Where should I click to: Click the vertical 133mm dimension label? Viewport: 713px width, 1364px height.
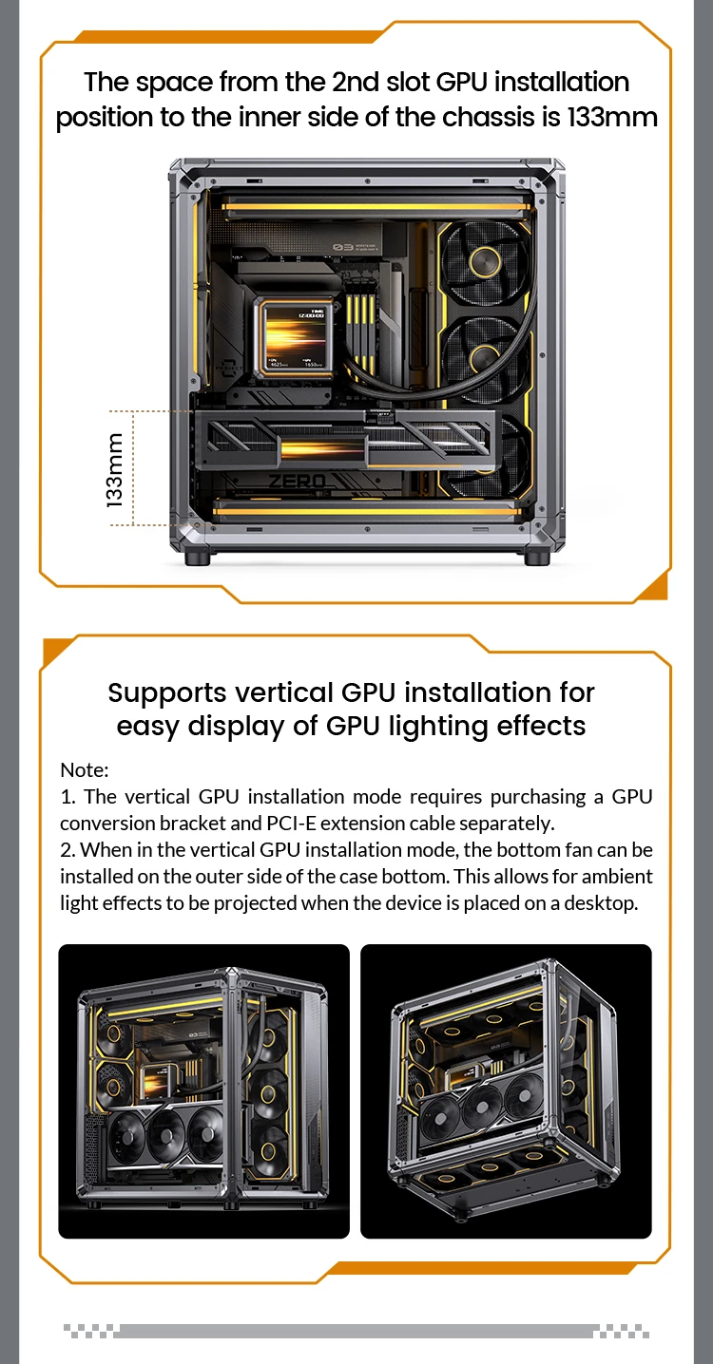point(115,469)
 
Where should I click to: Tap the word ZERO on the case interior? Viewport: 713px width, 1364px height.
point(298,482)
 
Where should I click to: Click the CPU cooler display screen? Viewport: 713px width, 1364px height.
point(294,336)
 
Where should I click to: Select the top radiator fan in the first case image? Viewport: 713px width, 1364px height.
point(486,262)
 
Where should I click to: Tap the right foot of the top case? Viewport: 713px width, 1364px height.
point(537,557)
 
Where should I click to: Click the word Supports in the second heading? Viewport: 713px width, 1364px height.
point(167,693)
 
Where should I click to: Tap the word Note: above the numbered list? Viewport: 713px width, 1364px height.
point(84,769)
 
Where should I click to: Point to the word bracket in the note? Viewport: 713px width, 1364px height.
point(193,823)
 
